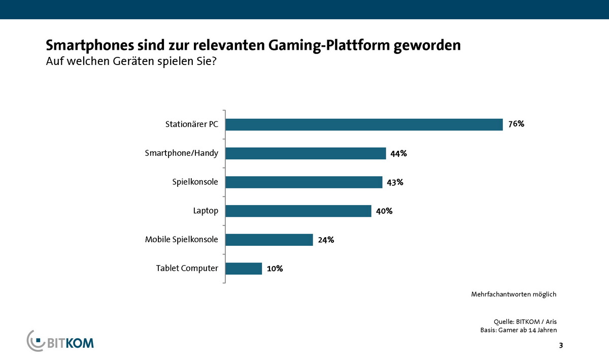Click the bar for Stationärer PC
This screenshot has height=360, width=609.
364,124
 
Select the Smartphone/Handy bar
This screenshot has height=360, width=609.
306,153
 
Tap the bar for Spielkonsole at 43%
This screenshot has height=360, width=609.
303,182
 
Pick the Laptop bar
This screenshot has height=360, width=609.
298,211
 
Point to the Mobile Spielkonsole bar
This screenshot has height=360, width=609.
269,240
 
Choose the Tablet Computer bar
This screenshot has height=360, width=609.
244,268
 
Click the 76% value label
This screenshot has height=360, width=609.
516,124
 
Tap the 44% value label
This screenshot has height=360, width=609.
399,153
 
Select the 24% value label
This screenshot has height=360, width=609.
326,240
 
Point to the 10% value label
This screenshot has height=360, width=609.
275,269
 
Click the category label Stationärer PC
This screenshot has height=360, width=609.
192,124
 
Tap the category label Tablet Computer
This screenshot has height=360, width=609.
187,268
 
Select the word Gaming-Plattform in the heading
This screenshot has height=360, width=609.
311,45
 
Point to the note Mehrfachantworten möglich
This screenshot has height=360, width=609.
514,294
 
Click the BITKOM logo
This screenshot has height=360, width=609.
60,341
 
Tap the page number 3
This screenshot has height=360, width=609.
561,346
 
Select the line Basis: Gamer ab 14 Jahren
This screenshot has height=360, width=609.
519,330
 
